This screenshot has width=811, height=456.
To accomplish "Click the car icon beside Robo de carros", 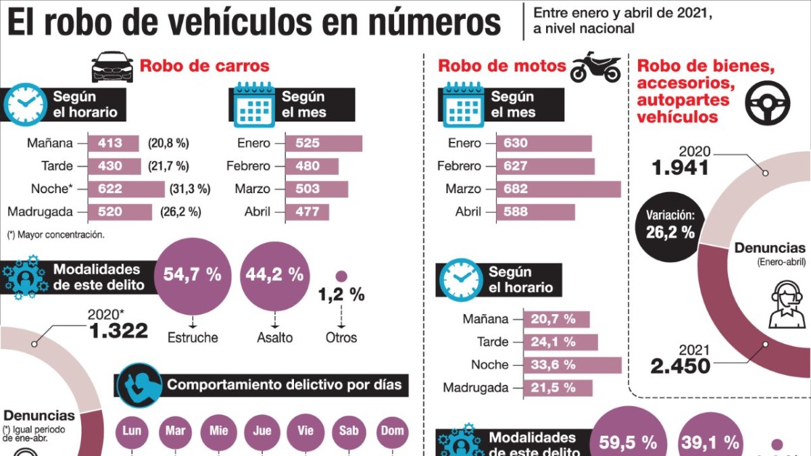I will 112,67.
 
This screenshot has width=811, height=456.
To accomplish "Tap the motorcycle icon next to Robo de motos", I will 595,67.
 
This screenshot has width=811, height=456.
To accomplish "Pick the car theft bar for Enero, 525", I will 324,143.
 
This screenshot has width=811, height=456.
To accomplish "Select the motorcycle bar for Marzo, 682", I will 558,189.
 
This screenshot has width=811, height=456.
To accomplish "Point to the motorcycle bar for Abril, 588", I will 535,212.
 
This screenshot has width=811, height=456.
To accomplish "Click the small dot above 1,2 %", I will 341,276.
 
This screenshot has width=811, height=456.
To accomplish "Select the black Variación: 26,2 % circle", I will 670,224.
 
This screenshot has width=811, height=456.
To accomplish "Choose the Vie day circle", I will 305,430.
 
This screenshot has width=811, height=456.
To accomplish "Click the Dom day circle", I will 392,430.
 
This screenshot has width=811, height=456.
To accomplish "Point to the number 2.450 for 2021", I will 680,366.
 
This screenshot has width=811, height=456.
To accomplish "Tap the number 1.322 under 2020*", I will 118,330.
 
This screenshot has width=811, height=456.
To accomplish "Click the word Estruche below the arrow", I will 193,336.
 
